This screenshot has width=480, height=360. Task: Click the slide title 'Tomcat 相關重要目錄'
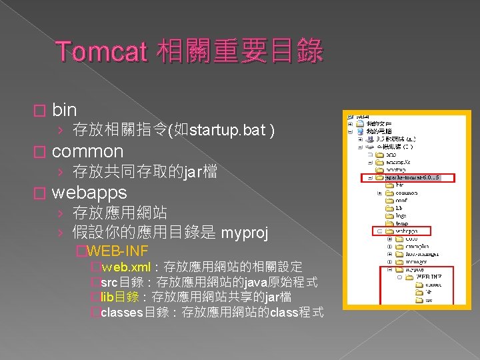(189, 51)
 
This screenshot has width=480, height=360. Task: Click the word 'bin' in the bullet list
(64, 110)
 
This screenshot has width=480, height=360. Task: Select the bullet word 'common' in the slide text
(87, 151)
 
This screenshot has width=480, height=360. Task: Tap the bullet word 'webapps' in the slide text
(89, 193)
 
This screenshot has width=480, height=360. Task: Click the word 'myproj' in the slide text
(245, 233)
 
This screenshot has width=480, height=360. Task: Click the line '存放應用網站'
(120, 213)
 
